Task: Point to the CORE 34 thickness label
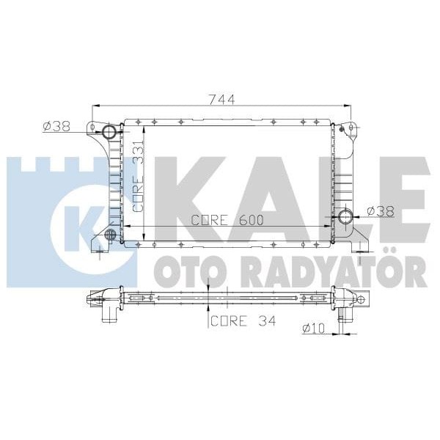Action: pyautogui.click(x=243, y=321)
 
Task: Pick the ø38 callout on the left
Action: pyautogui.click(x=56, y=126)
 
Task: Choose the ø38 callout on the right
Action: pyautogui.click(x=381, y=210)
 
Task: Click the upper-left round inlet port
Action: pyautogui.click(x=111, y=133)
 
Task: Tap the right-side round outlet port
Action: pyautogui.click(x=345, y=216)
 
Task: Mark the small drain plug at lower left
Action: pyautogui.click(x=111, y=235)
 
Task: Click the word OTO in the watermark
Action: pyautogui.click(x=185, y=272)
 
